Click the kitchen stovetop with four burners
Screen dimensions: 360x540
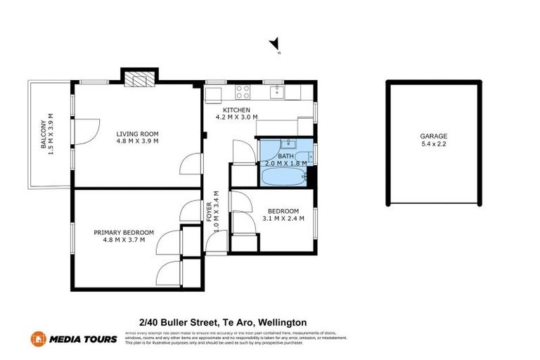243,91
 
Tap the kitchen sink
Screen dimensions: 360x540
278,91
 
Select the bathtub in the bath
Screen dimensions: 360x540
283,175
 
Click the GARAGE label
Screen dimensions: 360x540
433,136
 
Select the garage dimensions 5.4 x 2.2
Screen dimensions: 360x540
433,146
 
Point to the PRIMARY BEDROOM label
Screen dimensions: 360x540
123,232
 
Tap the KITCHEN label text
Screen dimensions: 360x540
236,110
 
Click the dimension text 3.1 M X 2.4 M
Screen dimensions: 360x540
283,219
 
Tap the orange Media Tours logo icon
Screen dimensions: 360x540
38,339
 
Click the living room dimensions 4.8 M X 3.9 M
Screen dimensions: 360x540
137,141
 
